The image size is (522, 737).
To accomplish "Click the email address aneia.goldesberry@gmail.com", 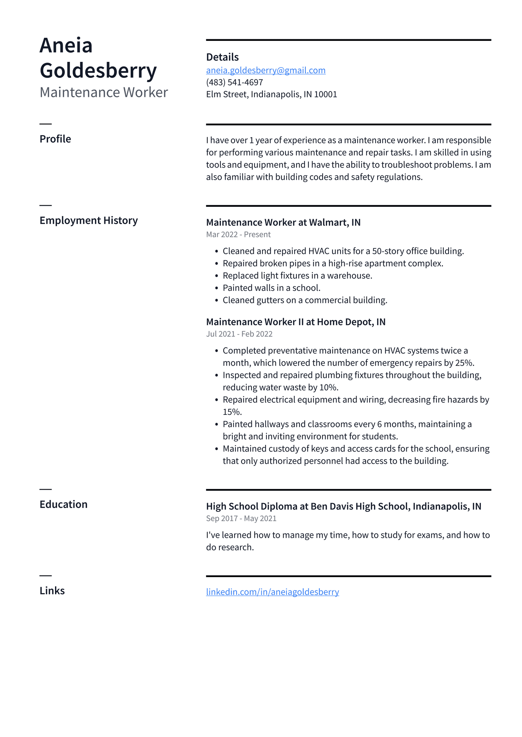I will pos(266,70).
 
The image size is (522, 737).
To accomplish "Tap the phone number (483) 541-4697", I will pos(234,82).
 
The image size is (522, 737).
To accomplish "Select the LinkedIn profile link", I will pos(272,592).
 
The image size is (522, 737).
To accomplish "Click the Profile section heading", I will pos(55,139).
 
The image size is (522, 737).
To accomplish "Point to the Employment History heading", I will pos(89,221).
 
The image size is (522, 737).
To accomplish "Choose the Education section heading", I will pos(63,505).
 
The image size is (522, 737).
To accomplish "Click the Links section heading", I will pos(52,591).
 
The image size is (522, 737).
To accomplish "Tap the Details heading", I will pos(222,57).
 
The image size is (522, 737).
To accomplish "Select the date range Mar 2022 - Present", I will pos(238,235).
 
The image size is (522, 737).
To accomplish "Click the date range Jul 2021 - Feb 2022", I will pos(239,334).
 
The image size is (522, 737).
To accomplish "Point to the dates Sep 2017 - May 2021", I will pos(241,519).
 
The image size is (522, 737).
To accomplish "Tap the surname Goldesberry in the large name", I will pos(98,71).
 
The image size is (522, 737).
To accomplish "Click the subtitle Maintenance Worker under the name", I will pos(104,93).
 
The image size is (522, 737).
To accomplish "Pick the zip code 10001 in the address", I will pos(326,95).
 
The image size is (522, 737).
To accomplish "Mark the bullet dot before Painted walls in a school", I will pos(217,288).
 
